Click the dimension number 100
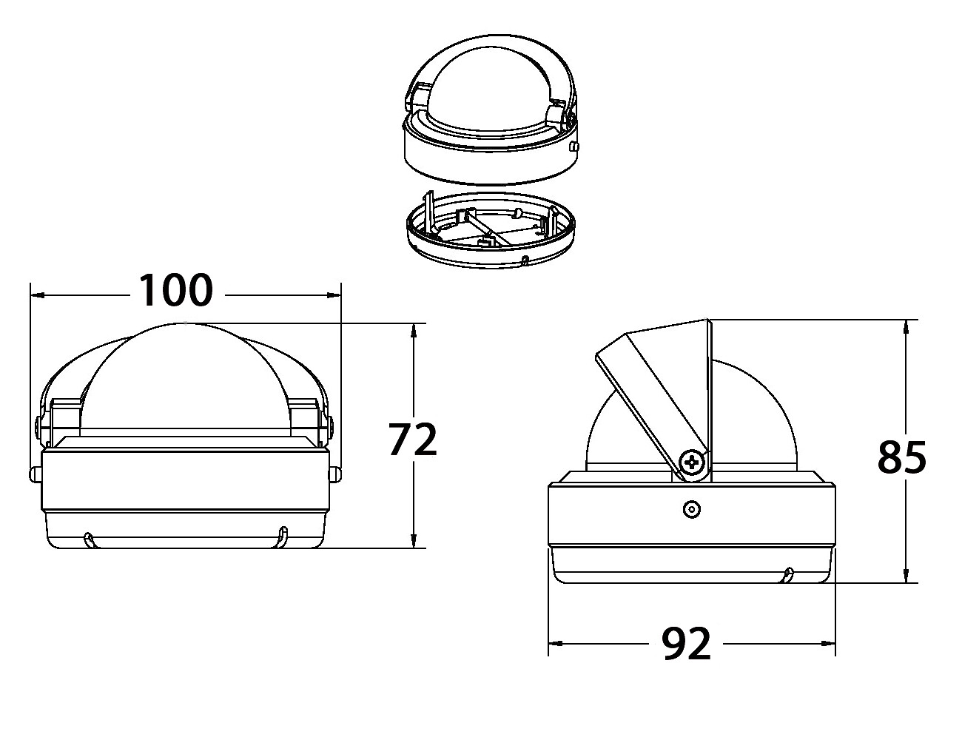point(176,290)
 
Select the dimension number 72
point(413,440)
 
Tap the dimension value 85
point(902,457)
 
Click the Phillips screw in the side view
point(693,462)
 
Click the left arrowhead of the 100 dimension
point(37,295)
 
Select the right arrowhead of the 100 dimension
point(334,295)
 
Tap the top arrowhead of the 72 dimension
point(413,331)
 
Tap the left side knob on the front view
point(34,474)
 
